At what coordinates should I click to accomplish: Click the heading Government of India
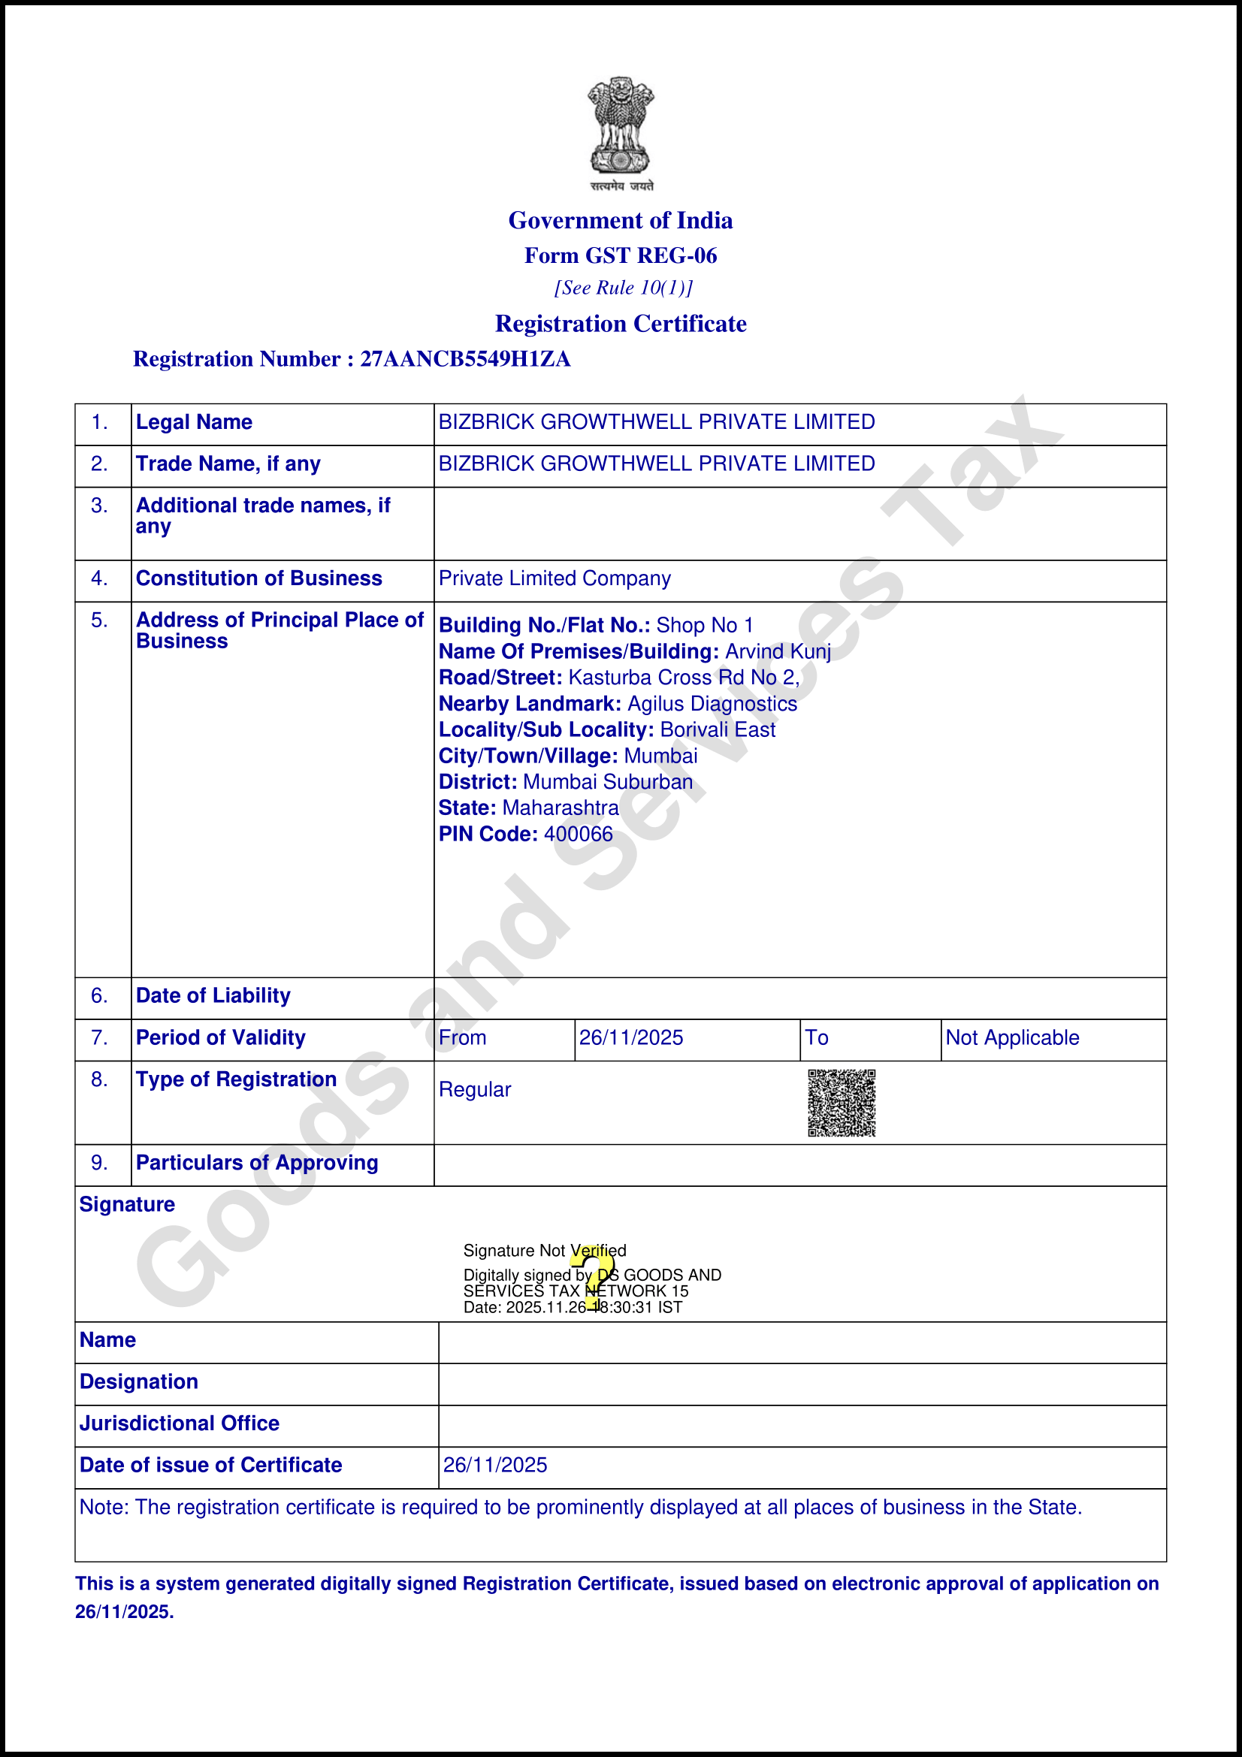(x=621, y=220)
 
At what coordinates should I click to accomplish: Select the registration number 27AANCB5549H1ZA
(x=465, y=359)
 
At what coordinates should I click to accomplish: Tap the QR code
(x=841, y=1103)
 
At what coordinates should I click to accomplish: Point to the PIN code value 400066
(x=579, y=834)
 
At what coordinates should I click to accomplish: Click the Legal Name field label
(x=194, y=422)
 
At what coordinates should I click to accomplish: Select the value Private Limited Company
(x=555, y=578)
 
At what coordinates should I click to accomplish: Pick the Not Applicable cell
(x=1011, y=1037)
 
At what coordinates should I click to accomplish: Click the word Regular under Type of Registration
(x=474, y=1090)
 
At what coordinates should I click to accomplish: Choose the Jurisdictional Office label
(x=179, y=1423)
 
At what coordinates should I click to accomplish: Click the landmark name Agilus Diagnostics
(x=712, y=704)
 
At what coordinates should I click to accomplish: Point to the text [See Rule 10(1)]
(x=623, y=288)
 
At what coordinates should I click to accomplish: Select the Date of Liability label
(x=213, y=995)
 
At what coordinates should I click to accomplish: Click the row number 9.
(x=99, y=1163)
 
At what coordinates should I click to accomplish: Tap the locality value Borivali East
(x=718, y=730)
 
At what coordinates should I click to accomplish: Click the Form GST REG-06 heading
(x=621, y=255)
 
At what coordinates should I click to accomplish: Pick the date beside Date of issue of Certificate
(x=495, y=1465)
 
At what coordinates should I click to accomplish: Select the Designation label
(x=138, y=1381)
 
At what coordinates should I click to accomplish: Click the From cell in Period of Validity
(x=462, y=1037)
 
